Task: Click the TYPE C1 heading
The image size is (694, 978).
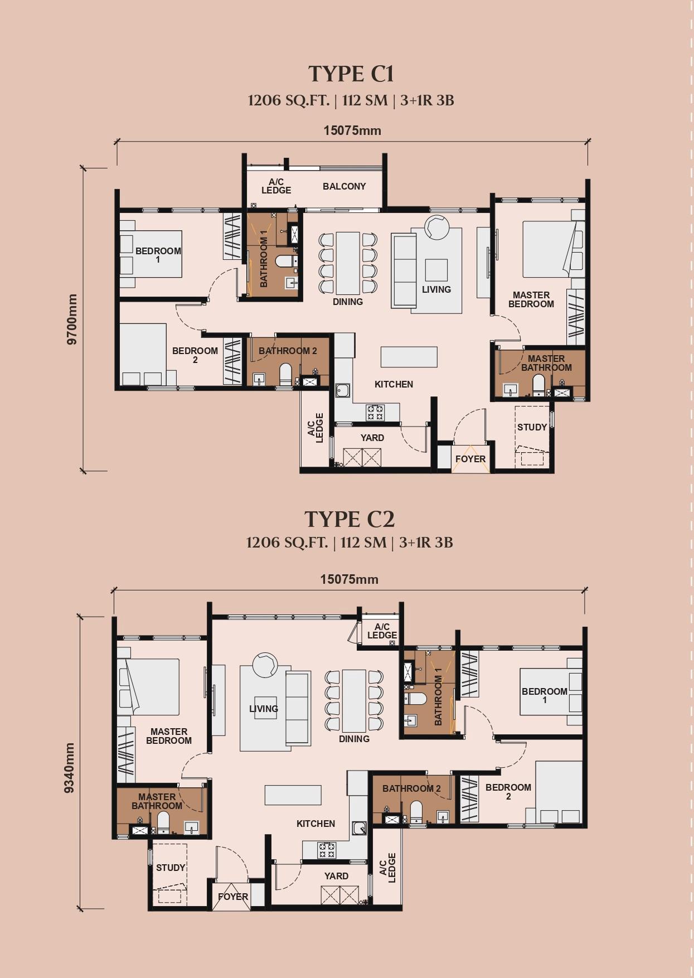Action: tap(351, 74)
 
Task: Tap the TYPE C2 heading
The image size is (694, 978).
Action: tap(350, 519)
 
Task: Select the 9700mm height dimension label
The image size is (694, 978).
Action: tap(72, 319)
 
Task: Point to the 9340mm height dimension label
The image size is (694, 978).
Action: tap(69, 768)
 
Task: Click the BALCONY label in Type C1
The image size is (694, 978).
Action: tap(344, 186)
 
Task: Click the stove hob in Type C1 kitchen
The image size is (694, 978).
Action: tap(375, 412)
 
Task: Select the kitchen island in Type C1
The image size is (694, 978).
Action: tap(409, 356)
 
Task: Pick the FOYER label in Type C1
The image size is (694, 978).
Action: tap(470, 459)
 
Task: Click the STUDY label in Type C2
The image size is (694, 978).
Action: tap(170, 868)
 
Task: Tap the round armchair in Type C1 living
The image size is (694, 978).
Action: tap(436, 227)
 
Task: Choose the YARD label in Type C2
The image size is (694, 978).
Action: tap(336, 876)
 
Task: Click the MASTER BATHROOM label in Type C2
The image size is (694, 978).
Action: tap(157, 801)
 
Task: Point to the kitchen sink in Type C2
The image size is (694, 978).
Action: tap(359, 828)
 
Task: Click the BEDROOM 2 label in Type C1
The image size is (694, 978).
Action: tap(195, 355)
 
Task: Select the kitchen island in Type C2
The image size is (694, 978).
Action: tap(293, 795)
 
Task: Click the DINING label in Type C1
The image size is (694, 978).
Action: tap(347, 302)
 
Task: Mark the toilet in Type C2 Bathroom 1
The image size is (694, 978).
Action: tap(416, 699)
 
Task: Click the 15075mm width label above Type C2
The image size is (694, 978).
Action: tap(349, 579)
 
